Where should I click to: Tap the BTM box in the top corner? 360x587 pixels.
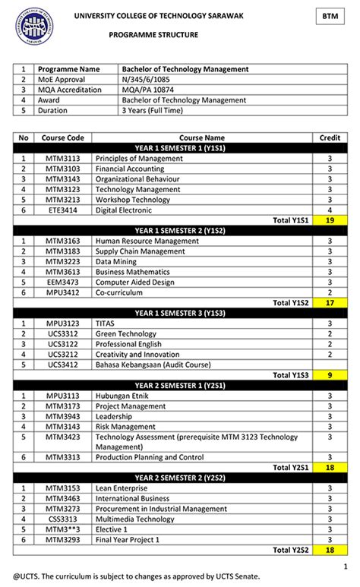pos(329,16)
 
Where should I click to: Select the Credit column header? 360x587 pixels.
pos(330,137)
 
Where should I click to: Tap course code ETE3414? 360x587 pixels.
pos(62,210)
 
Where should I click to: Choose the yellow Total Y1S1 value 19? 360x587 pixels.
pos(330,219)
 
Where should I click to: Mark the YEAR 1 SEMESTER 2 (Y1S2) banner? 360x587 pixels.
pos(180,230)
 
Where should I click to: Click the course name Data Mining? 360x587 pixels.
pos(116,261)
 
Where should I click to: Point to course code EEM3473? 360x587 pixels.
pos(62,282)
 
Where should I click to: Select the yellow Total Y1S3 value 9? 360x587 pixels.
pos(330,374)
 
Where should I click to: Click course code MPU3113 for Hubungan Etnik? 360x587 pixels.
pos(62,396)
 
